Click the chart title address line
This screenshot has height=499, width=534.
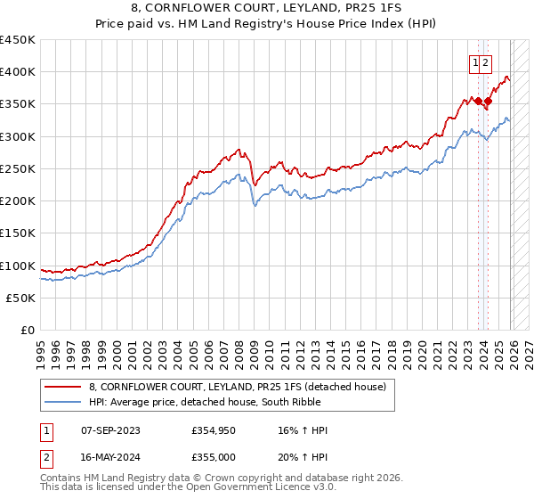coord(266,8)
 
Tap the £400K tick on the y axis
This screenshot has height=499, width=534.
coord(18,72)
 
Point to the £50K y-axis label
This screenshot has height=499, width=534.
coord(21,299)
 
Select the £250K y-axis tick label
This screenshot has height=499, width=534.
coord(18,168)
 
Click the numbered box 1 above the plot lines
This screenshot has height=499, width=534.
coord(475,62)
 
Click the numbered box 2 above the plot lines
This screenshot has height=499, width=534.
coord(486,62)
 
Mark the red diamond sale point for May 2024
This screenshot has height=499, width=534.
coord(488,102)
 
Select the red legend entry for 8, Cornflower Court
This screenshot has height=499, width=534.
coord(237,387)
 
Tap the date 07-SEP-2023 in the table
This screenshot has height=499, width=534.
coord(106,430)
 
